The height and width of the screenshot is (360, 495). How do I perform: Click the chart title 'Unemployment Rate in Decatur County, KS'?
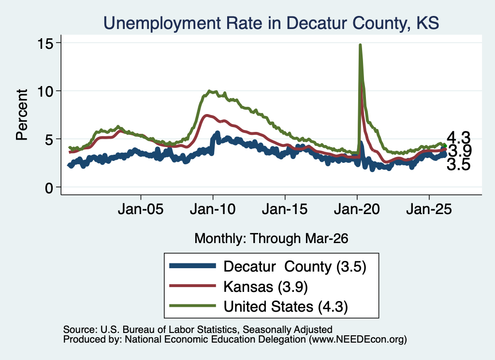click(271, 23)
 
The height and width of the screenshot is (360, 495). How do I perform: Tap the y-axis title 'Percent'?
click(22, 115)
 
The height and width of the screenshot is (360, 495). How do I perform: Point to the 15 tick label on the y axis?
click(45, 43)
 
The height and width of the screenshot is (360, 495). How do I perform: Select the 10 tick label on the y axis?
click(45, 91)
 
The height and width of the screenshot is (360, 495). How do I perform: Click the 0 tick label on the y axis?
click(49, 188)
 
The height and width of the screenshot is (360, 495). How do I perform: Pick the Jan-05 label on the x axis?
click(141, 209)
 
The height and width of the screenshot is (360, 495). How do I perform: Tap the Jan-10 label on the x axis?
click(213, 209)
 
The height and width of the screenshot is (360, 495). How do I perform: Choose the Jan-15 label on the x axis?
click(285, 209)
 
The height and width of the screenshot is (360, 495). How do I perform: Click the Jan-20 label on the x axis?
click(357, 209)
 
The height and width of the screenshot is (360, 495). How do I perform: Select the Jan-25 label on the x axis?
click(429, 209)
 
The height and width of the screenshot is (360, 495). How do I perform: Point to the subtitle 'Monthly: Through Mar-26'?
click(271, 239)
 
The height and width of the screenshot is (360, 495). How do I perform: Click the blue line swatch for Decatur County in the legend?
click(192, 266)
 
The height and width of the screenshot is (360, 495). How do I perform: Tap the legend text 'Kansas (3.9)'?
click(265, 287)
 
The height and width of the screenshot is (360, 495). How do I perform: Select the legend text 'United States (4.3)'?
click(286, 307)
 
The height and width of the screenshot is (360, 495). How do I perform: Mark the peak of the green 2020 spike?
click(360, 45)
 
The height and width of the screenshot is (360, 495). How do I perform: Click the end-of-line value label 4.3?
click(458, 138)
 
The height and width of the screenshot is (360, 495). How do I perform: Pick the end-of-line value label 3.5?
click(458, 164)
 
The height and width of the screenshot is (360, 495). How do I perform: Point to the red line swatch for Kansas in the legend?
click(192, 286)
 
